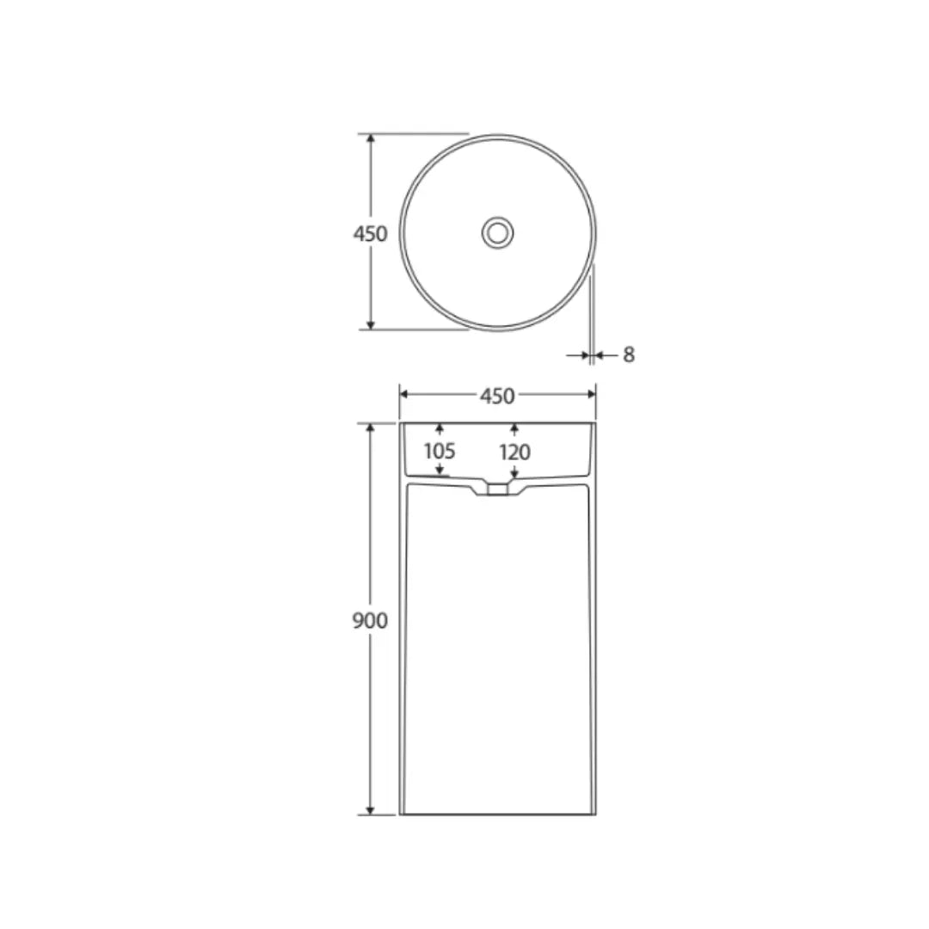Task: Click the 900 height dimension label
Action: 370,620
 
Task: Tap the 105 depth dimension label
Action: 439,451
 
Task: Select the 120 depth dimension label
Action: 514,452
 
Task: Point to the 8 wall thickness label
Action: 629,355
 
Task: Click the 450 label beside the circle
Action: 370,233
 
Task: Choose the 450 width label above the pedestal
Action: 497,396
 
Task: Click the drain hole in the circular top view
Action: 498,233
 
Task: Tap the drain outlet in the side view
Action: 498,489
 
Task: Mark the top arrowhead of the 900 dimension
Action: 371,428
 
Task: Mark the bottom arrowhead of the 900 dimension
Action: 371,809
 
